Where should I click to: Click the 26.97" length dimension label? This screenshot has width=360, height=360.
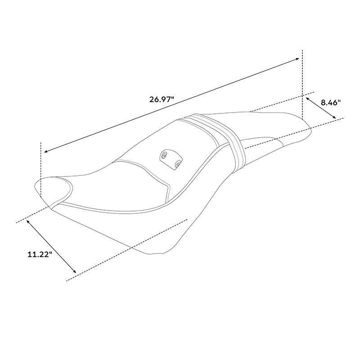click(161, 99)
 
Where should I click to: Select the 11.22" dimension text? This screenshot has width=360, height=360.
click(40, 254)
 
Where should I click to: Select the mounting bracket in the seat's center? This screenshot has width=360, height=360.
click(171, 159)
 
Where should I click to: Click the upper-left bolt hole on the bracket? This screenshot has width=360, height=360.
click(165, 155)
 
